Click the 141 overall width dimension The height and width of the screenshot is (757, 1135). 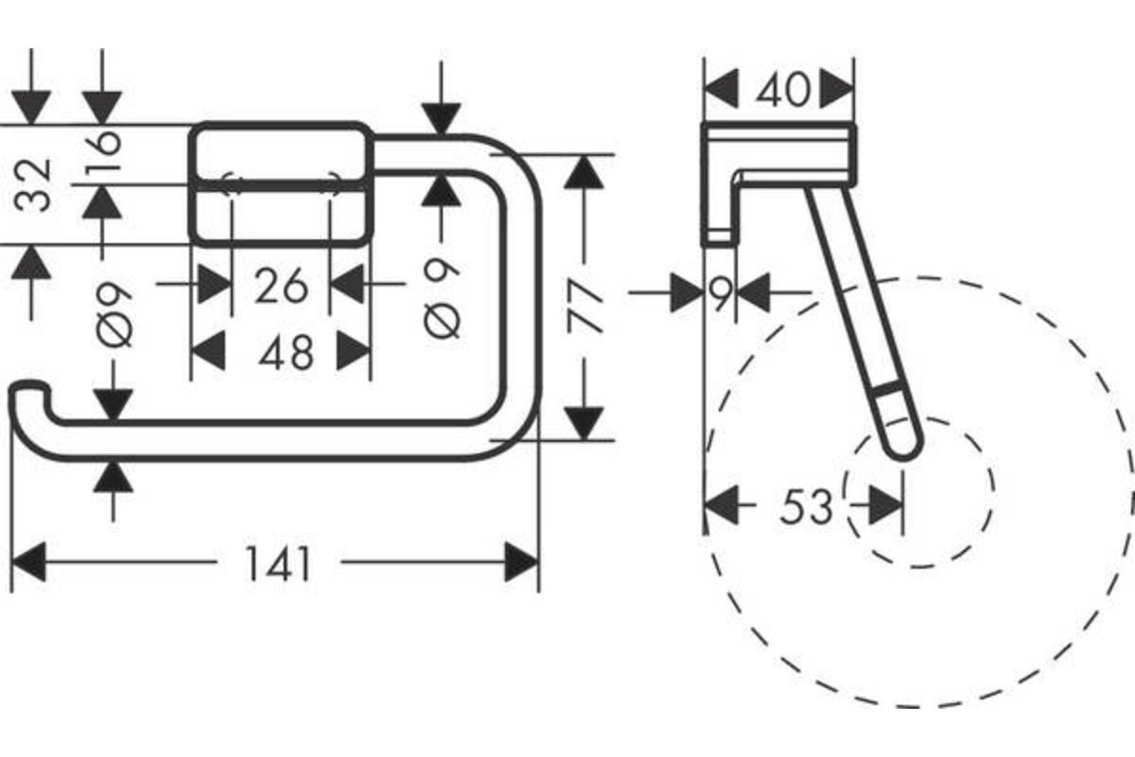point(278,563)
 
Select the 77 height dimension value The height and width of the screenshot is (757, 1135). point(585,307)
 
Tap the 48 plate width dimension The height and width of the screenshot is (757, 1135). point(286,352)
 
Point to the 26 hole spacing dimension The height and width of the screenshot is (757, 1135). point(281,286)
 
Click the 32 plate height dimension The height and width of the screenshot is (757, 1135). point(32,185)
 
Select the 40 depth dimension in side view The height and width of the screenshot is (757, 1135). point(783,90)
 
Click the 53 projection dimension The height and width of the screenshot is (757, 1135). point(807,506)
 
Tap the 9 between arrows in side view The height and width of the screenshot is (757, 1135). point(721,292)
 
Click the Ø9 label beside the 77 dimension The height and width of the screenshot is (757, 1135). point(442,299)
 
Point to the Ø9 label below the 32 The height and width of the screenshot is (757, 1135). point(114,315)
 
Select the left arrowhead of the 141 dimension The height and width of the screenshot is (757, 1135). point(28,562)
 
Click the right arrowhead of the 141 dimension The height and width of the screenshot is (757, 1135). point(521,562)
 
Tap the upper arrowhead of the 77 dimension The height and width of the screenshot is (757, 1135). point(584,172)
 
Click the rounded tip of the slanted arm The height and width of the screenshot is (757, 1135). point(904,450)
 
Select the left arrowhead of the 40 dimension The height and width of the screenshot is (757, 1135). point(722,89)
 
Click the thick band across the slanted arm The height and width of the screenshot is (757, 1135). point(888,388)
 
